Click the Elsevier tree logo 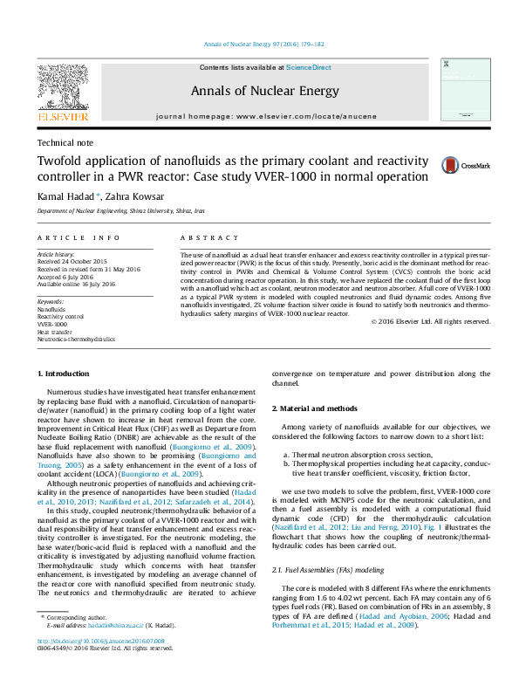62,89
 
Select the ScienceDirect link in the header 308,67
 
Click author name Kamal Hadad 66,196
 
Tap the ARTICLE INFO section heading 78,237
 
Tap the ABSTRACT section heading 208,237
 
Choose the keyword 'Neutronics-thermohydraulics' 76,338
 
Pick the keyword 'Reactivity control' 60,316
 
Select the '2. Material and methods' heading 314,409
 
